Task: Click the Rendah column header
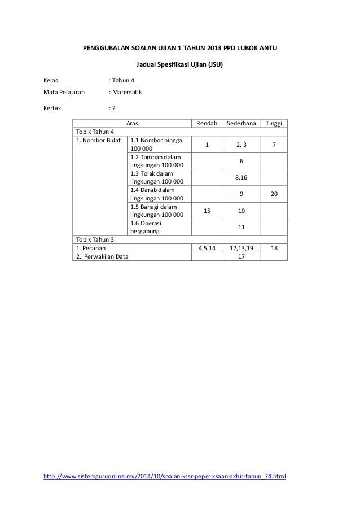click(206, 124)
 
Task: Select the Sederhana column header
click(241, 124)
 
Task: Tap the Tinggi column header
click(274, 124)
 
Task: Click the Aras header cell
click(132, 124)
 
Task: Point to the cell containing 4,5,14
click(206, 247)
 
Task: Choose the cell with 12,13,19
click(241, 247)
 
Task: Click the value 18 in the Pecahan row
click(274, 247)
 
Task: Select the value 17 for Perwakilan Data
click(241, 256)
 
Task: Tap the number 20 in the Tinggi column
click(274, 194)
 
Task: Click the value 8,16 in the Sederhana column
click(241, 177)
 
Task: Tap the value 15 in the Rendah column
click(206, 210)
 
